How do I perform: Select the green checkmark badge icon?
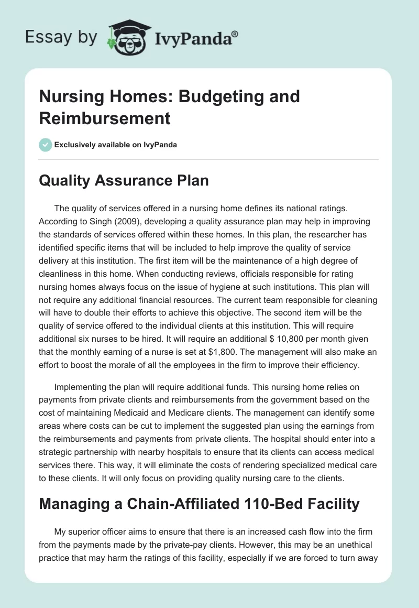pos(45,145)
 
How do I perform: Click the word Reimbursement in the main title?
pos(105,118)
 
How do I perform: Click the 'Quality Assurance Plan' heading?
pos(124,181)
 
